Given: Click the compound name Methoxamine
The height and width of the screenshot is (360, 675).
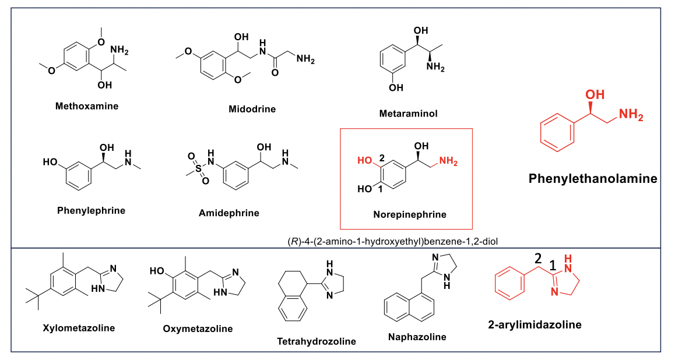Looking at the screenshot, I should (86, 106).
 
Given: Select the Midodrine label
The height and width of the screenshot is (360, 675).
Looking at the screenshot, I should (252, 109).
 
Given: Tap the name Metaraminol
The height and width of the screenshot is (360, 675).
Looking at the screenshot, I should (407, 114).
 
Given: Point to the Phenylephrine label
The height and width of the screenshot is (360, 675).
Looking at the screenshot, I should (91, 210).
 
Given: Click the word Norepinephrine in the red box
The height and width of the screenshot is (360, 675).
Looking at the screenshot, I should (409, 214).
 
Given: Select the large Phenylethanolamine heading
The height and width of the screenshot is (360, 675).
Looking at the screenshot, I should (593, 178).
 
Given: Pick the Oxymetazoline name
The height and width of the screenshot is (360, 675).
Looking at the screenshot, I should (198, 329).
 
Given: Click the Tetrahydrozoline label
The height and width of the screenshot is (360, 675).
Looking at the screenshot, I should (317, 341).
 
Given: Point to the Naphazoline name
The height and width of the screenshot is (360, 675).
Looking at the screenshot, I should (417, 337).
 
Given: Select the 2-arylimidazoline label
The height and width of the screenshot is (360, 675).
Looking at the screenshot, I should (535, 324).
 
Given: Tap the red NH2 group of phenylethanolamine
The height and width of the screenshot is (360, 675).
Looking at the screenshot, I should (631, 115).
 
